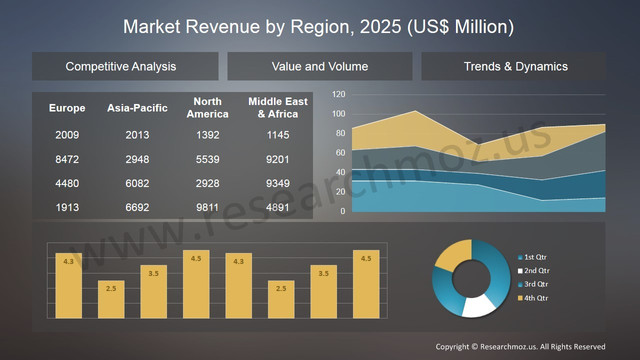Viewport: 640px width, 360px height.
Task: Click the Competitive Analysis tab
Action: [x=121, y=67]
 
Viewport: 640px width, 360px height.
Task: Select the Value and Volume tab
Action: [x=319, y=67]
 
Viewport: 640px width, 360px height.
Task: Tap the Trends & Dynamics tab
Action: [x=515, y=67]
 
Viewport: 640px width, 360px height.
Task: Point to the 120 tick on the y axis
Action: [x=338, y=95]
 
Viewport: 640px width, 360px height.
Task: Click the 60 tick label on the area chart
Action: [x=340, y=153]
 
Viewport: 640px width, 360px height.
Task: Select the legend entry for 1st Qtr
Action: [x=536, y=258]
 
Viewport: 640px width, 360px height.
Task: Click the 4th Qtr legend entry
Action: [x=536, y=297]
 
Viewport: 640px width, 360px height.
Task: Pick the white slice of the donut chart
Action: [x=478, y=305]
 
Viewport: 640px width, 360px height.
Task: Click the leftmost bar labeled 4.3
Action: [x=68, y=285]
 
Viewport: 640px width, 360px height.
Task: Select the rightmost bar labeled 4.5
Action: [x=366, y=283]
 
